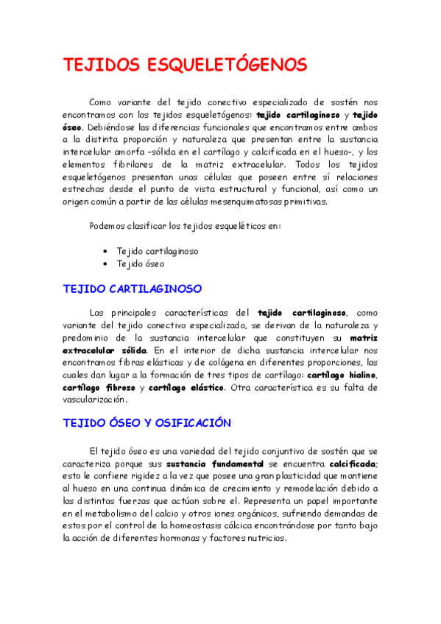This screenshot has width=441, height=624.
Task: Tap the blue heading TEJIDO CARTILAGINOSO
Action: pyautogui.click(x=133, y=288)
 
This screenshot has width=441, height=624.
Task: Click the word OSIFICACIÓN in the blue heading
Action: pyautogui.click(x=192, y=423)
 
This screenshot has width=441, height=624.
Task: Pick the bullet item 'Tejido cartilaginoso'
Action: pyautogui.click(x=157, y=250)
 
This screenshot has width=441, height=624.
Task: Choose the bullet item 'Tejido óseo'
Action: pyautogui.click(x=141, y=263)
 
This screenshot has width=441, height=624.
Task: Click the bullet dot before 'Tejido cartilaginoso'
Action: pyautogui.click(x=107, y=251)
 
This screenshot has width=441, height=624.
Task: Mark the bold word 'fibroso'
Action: pyautogui.click(x=116, y=388)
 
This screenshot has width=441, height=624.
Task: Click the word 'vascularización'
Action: pyautogui.click(x=95, y=400)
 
